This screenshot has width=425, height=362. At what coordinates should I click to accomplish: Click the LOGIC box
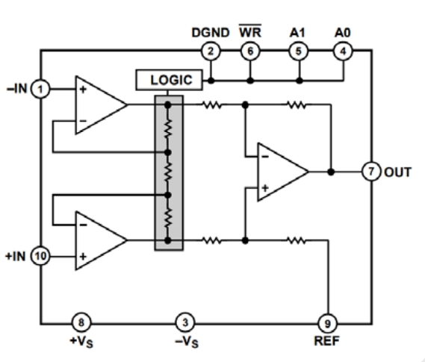click(x=169, y=80)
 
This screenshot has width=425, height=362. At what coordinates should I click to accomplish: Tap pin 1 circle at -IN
click(x=40, y=89)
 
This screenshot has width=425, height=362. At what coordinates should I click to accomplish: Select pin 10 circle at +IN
click(x=40, y=256)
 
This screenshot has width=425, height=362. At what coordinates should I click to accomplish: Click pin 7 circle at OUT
click(x=371, y=172)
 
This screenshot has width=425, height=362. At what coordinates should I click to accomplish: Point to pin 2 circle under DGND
click(x=211, y=52)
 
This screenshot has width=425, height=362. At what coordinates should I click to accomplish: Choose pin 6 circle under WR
click(x=250, y=52)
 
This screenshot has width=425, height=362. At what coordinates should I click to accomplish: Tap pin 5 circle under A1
click(x=299, y=52)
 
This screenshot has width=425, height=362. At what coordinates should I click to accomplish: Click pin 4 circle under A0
click(x=343, y=52)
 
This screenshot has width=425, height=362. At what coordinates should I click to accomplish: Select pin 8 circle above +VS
click(x=81, y=322)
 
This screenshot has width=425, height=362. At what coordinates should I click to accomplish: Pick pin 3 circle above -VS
click(x=185, y=322)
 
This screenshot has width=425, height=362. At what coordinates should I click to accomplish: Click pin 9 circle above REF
click(x=328, y=323)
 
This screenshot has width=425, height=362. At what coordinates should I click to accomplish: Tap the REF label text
click(x=326, y=341)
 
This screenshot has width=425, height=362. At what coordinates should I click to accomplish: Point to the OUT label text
click(x=398, y=172)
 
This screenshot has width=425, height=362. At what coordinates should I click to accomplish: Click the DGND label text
click(x=211, y=33)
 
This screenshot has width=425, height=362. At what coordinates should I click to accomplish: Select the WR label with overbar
click(x=250, y=31)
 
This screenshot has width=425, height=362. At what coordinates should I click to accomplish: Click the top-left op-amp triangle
click(x=101, y=104)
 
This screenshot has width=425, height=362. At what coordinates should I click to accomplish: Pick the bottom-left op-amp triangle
click(x=101, y=240)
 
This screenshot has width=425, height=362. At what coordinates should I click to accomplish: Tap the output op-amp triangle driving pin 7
click(x=282, y=172)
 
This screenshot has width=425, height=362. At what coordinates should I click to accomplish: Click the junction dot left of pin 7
click(x=331, y=172)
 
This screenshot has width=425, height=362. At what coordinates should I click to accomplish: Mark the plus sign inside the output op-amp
click(x=265, y=187)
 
